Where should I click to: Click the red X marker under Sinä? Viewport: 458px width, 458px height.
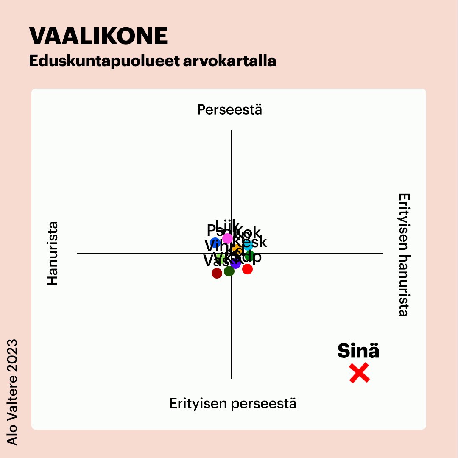coord(359,373)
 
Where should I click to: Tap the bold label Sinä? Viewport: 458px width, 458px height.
coord(358,351)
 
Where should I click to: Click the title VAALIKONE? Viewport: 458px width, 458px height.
coord(98,36)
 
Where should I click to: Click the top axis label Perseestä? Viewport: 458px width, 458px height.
coord(229,110)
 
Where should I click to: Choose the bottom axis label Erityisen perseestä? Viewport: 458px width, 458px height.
coord(233,403)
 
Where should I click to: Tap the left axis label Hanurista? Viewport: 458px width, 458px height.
coord(52,253)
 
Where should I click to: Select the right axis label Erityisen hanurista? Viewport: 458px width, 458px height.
coord(404,255)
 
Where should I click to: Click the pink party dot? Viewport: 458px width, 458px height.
coord(228,238)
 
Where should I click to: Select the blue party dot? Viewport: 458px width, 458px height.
coord(215,243)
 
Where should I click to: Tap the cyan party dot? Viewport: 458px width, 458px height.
coord(248,245)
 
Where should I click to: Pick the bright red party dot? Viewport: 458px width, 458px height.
coord(248,269)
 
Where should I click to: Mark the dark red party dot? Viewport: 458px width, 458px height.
coord(217,273)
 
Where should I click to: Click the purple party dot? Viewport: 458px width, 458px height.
coord(236,264)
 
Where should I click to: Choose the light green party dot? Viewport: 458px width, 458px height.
coord(220,258)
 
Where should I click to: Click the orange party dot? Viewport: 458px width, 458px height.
coord(236,248)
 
